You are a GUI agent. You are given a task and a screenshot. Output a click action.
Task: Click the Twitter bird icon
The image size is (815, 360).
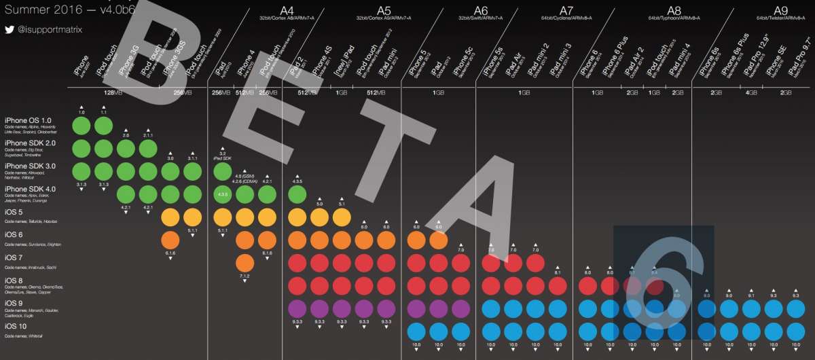point(9,30)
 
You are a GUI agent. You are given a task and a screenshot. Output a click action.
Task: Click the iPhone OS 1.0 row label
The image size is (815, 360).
point(33,120)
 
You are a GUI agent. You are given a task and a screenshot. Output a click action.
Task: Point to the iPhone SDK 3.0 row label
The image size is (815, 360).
point(32,166)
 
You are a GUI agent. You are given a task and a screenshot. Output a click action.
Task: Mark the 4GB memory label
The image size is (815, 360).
point(751,93)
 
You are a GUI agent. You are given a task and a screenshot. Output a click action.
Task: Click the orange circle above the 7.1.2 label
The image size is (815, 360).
point(246,263)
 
